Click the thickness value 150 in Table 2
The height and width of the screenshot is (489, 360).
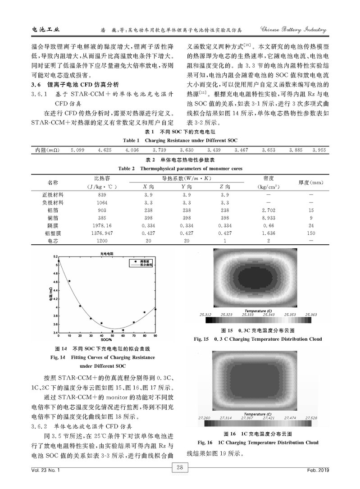pos(311,233)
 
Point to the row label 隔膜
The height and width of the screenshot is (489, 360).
pos(53,225)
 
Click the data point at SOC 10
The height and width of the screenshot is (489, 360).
pos(69,281)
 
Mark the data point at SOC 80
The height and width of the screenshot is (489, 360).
pos(144,312)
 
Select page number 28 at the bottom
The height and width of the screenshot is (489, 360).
pos(179,467)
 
